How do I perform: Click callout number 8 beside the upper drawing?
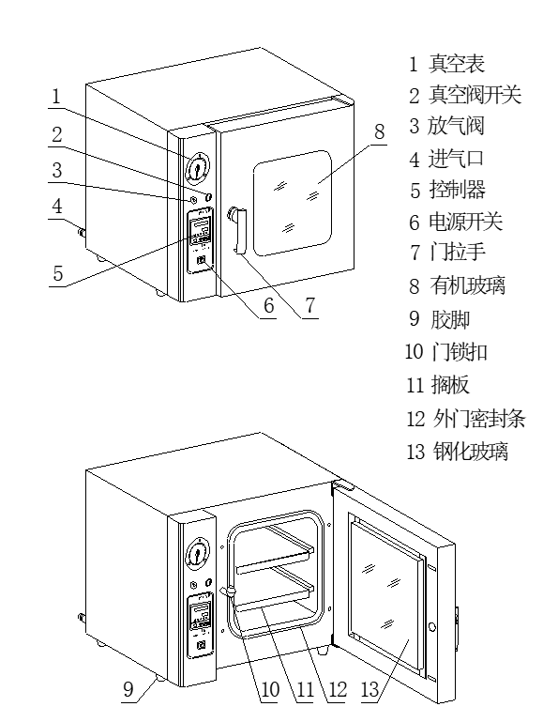(x=379, y=132)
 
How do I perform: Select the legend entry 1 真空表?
(x=445, y=64)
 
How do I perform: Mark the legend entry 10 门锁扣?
(x=445, y=352)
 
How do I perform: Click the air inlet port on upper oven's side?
(x=82, y=232)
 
